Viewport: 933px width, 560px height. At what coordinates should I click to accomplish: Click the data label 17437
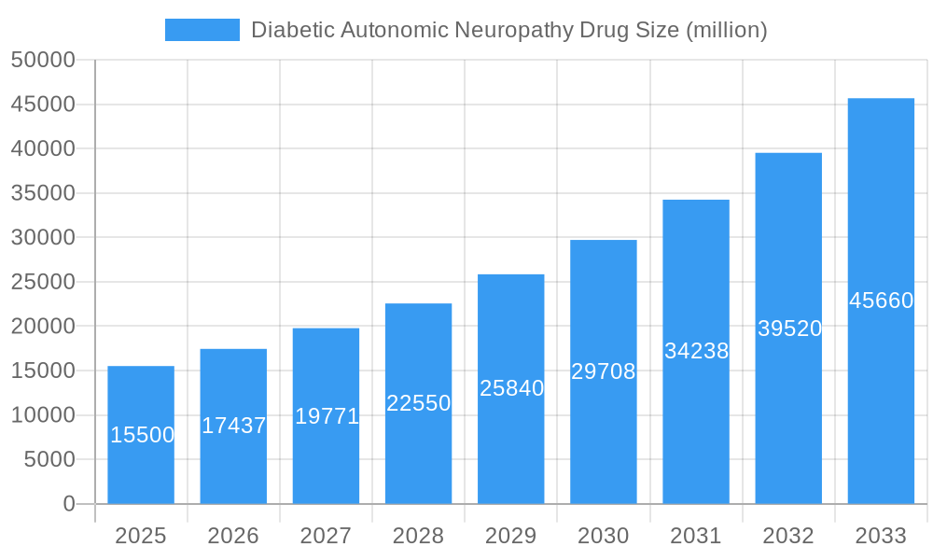(x=233, y=426)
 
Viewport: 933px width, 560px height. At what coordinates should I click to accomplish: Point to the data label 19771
(x=327, y=416)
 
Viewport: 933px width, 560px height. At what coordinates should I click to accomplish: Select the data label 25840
(x=511, y=388)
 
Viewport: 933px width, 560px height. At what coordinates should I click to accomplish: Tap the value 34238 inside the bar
(x=696, y=351)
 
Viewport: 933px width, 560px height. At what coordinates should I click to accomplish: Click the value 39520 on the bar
(x=788, y=329)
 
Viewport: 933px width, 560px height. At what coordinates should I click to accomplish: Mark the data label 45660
(x=881, y=301)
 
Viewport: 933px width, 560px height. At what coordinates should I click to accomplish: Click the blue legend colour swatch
(x=202, y=30)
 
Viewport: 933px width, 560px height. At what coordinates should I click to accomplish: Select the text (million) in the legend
(x=726, y=30)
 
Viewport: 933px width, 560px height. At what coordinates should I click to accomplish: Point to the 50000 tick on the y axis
(x=43, y=60)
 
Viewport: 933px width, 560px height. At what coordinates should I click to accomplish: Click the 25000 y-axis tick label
(x=43, y=282)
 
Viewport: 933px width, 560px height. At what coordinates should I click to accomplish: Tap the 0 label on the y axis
(x=69, y=504)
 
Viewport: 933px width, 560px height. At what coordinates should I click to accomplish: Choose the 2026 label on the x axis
(x=233, y=536)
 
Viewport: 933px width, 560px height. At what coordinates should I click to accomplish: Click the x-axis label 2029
(x=511, y=536)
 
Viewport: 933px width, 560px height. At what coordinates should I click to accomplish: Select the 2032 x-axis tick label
(x=788, y=536)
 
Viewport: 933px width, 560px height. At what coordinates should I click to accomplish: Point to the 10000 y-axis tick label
(x=43, y=415)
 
